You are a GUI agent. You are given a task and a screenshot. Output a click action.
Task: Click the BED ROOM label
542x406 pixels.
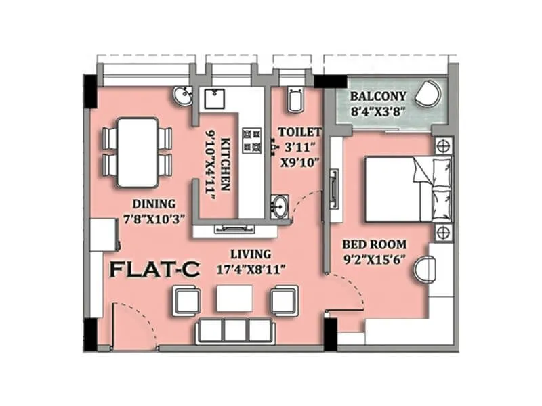pos(374,244)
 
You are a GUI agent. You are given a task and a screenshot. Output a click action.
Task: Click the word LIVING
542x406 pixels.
pos(251,254)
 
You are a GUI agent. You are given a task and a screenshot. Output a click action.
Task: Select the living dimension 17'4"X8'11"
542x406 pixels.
pos(251,268)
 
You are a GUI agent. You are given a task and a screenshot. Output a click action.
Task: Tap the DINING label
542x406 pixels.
pos(154,204)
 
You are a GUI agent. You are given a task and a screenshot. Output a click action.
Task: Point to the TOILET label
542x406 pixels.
pos(299,133)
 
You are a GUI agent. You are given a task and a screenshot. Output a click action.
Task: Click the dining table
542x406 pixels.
pos(138,152)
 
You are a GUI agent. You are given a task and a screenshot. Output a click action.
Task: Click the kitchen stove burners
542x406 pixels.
pos(251,139)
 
